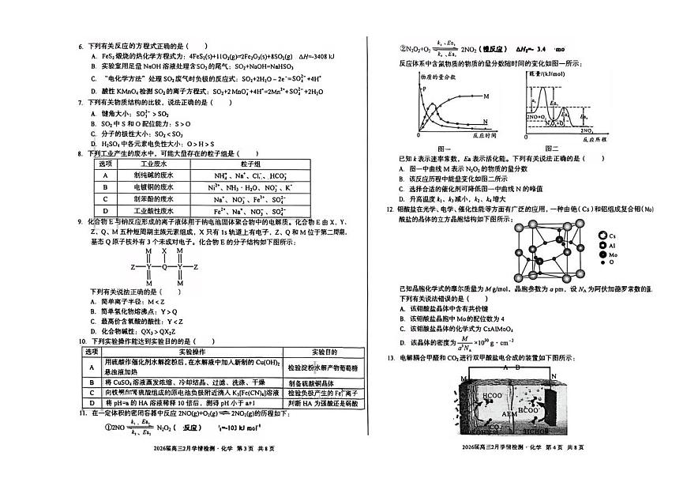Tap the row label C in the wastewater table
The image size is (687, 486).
click(104, 200)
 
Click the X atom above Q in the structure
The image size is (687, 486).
click(164, 250)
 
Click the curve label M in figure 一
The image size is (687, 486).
click(485, 96)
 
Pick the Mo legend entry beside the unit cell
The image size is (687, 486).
click(614, 255)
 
